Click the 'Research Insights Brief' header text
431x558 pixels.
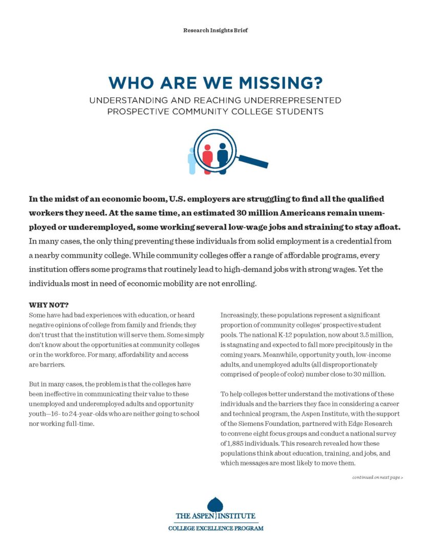click(x=216, y=31)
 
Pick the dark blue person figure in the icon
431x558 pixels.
click(x=222, y=156)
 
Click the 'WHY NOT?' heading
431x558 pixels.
click(x=49, y=305)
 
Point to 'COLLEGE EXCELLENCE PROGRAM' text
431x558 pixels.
click(x=216, y=528)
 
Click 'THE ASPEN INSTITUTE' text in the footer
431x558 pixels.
click(x=216, y=516)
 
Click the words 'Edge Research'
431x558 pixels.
click(x=370, y=423)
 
